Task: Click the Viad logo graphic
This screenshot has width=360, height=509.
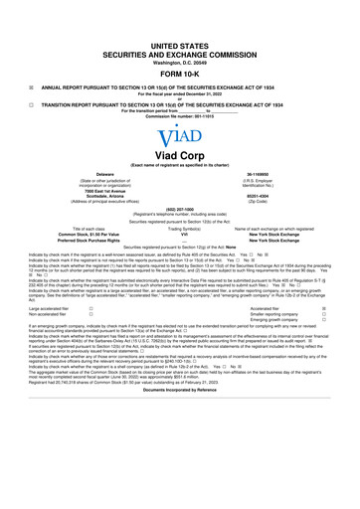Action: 180,139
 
